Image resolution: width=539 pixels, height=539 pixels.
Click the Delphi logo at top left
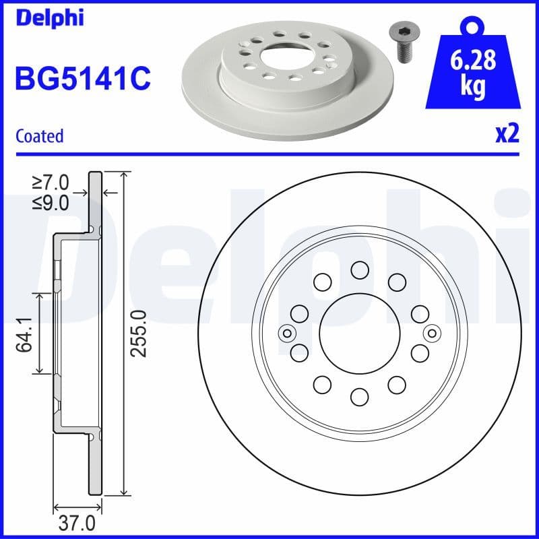[49, 18]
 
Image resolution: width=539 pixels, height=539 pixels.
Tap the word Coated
[39, 136]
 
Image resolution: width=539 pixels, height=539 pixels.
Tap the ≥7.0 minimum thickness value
[51, 183]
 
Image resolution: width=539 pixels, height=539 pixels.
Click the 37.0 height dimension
[78, 523]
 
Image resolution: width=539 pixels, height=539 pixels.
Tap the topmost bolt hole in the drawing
[360, 270]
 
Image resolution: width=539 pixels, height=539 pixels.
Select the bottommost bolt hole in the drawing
[360, 395]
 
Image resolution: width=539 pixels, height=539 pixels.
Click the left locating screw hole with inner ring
[288, 332]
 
